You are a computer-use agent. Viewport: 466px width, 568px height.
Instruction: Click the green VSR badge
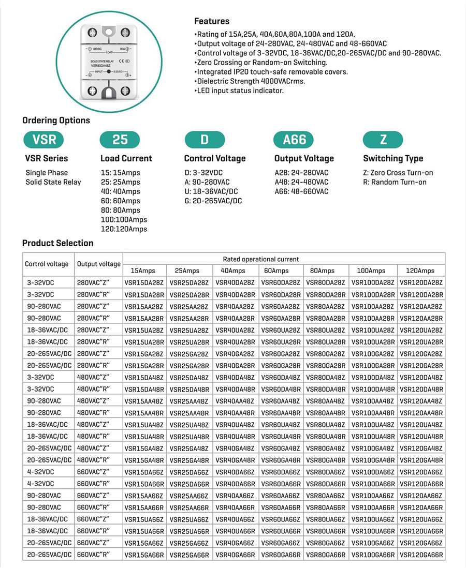coord(44,139)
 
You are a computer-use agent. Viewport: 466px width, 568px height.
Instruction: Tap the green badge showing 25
coord(120,139)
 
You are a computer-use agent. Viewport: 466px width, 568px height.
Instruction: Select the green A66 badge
coord(295,139)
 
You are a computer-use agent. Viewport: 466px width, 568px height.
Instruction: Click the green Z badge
coord(383,139)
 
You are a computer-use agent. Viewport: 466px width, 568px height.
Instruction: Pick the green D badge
coord(205,139)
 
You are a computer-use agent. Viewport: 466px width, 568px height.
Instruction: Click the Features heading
coord(211,21)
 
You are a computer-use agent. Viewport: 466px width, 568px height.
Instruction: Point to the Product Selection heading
coord(57,243)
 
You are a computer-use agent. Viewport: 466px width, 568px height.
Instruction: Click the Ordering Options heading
coord(56,121)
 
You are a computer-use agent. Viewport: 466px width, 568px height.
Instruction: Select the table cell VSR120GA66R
coord(421,555)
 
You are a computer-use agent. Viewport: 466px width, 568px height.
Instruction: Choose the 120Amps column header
coord(420,271)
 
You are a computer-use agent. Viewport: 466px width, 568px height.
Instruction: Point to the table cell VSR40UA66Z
coord(235,519)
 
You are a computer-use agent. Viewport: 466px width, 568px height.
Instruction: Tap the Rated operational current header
coord(261,259)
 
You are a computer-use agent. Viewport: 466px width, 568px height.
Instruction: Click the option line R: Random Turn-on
coord(395,182)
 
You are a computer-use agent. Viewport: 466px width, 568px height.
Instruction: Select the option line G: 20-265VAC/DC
coord(213,201)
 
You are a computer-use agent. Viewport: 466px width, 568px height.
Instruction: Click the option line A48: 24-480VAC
coord(301,182)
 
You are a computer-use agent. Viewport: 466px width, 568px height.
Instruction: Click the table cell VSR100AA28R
coord(373,318)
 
